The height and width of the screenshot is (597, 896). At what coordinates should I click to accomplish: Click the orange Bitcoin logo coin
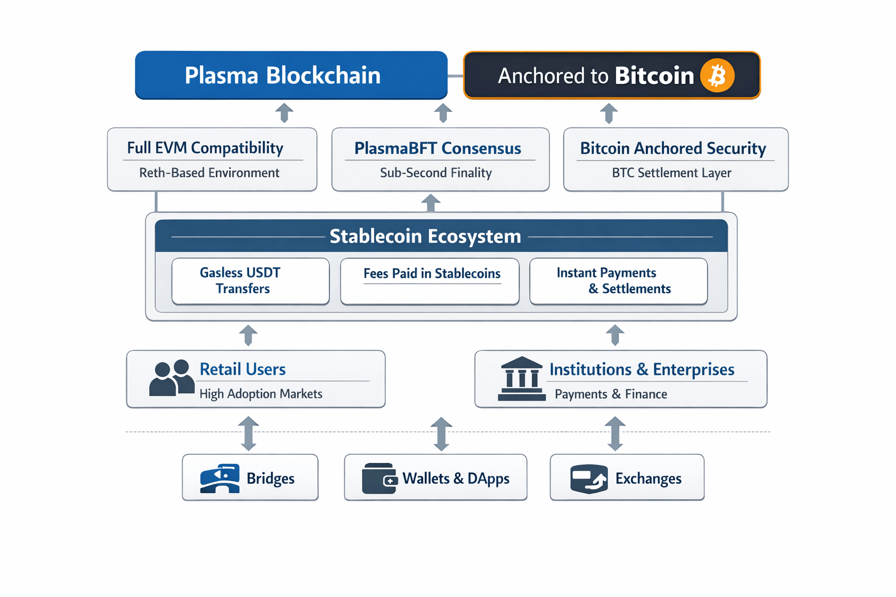pyautogui.click(x=717, y=75)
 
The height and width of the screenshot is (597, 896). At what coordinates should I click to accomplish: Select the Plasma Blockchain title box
pyautogui.click(x=291, y=75)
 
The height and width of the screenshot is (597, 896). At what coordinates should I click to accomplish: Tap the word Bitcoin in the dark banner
pyautogui.click(x=654, y=76)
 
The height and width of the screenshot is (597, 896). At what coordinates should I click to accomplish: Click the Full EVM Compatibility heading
pyautogui.click(x=205, y=148)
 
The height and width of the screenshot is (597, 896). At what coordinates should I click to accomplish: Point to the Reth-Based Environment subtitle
pyautogui.click(x=209, y=173)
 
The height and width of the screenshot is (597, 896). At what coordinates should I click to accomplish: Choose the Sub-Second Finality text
pyautogui.click(x=436, y=173)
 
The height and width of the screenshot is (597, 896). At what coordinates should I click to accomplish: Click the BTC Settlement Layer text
pyautogui.click(x=671, y=173)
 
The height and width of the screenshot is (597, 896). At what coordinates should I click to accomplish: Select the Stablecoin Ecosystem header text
pyautogui.click(x=425, y=236)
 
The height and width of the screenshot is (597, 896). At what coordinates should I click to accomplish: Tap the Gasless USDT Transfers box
pyautogui.click(x=250, y=281)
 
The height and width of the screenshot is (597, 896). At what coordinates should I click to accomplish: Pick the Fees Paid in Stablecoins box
pyautogui.click(x=429, y=281)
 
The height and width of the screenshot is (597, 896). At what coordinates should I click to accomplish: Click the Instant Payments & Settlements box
pyautogui.click(x=618, y=281)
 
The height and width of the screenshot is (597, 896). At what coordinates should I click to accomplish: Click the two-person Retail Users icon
pyautogui.click(x=171, y=377)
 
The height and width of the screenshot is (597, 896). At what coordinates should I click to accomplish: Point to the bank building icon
pyautogui.click(x=521, y=378)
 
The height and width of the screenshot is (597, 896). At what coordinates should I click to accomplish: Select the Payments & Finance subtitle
pyautogui.click(x=611, y=394)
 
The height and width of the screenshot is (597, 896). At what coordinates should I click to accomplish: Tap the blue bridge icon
pyautogui.click(x=219, y=478)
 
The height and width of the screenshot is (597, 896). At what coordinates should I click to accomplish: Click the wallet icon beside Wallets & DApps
pyautogui.click(x=380, y=478)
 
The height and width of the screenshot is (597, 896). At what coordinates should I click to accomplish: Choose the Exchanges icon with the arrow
pyautogui.click(x=589, y=479)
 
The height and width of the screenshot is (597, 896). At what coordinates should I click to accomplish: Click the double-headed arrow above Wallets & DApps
pyautogui.click(x=441, y=434)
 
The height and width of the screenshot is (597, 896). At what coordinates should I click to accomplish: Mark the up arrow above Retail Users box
pyautogui.click(x=248, y=335)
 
